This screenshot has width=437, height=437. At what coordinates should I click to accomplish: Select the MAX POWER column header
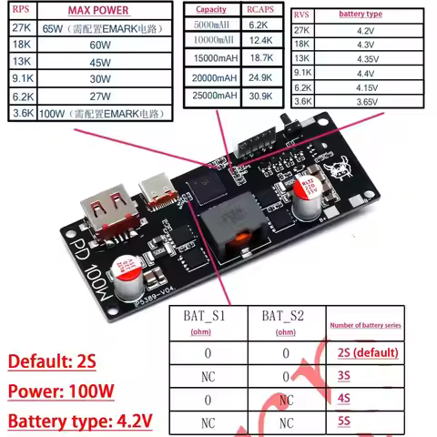(x=98, y=11)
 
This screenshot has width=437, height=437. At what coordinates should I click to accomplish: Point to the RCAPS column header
(x=259, y=9)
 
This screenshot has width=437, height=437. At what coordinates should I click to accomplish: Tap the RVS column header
(x=302, y=15)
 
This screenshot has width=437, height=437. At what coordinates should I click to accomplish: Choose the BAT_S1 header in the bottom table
(x=208, y=317)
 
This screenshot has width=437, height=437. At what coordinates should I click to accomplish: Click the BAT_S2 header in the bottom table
(x=286, y=317)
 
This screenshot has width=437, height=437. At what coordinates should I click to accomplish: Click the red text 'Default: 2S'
(x=52, y=361)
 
